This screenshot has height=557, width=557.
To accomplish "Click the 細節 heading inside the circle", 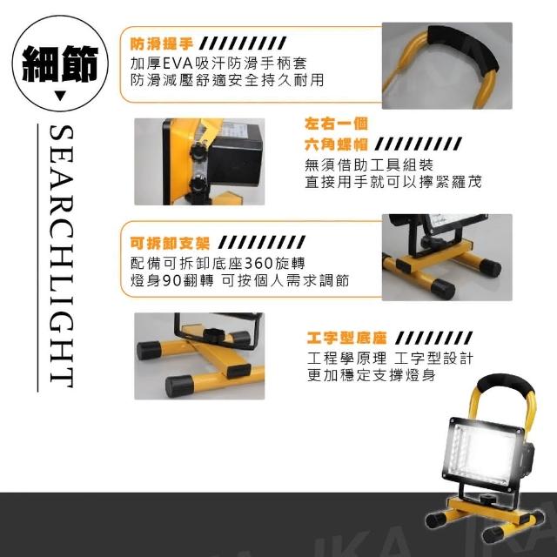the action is [60, 64].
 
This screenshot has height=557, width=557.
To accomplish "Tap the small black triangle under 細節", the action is [60, 96].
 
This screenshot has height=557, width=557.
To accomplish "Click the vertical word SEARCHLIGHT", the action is [61, 257].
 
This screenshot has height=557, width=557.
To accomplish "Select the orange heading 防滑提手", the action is [162, 44].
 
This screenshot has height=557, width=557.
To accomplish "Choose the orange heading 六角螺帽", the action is [336, 144].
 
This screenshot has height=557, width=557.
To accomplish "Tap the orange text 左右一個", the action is [336, 124].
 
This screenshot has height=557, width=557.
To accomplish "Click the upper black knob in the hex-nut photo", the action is [198, 151].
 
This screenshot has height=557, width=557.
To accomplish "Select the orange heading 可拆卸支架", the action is [170, 243].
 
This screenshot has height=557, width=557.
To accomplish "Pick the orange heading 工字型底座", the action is [346, 339].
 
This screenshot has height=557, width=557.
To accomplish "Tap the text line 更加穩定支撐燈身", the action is [372, 375].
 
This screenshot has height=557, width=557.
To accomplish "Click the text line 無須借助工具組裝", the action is [369, 164].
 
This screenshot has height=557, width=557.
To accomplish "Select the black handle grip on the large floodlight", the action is [506, 385].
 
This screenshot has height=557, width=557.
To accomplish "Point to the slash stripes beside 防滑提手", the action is [244, 44].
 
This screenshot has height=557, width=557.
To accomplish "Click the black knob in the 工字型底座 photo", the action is [214, 334].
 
